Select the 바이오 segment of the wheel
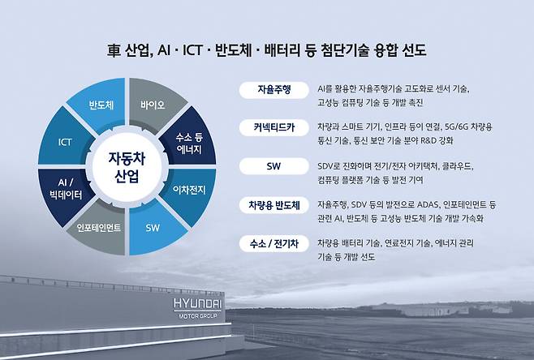(152, 105)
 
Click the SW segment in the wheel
(153, 228)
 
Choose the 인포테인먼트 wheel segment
(98, 228)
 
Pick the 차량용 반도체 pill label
(273, 205)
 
